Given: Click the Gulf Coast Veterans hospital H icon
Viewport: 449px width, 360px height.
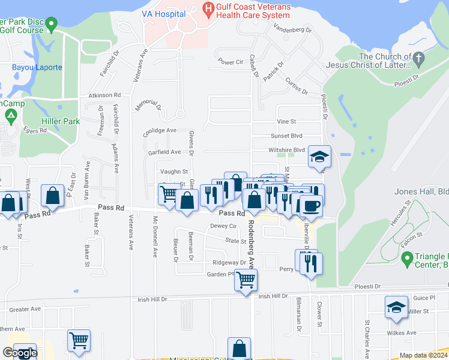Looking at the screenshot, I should pos(209,8).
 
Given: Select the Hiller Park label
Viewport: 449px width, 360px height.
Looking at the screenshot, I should pos(60,121).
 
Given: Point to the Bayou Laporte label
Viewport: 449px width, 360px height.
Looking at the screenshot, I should pos(37,67).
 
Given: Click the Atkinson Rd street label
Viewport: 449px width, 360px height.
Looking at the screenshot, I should pos(104,95).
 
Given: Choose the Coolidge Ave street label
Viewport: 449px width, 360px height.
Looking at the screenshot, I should pos(159,130).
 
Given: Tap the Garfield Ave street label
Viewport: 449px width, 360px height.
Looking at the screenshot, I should pos(164,152).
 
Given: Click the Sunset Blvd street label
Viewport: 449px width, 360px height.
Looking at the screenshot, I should pos(286,136).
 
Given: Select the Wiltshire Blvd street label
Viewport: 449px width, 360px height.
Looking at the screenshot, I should pos(288,150).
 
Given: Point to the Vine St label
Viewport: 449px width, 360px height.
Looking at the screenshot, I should pos(286,121).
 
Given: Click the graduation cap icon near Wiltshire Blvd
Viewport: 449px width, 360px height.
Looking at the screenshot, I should pos(320,157).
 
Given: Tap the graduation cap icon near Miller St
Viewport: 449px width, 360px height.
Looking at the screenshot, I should pos(396,307).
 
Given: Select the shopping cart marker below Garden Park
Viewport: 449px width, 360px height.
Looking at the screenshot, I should pos(246,279).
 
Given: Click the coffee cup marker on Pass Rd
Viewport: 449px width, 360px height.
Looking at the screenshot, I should pos(310,206).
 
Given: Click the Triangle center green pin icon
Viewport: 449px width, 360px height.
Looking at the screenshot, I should pos(406,260).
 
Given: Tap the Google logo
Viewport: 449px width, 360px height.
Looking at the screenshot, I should pos(20,353).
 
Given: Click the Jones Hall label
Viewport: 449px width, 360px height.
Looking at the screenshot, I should pos(421,192).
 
